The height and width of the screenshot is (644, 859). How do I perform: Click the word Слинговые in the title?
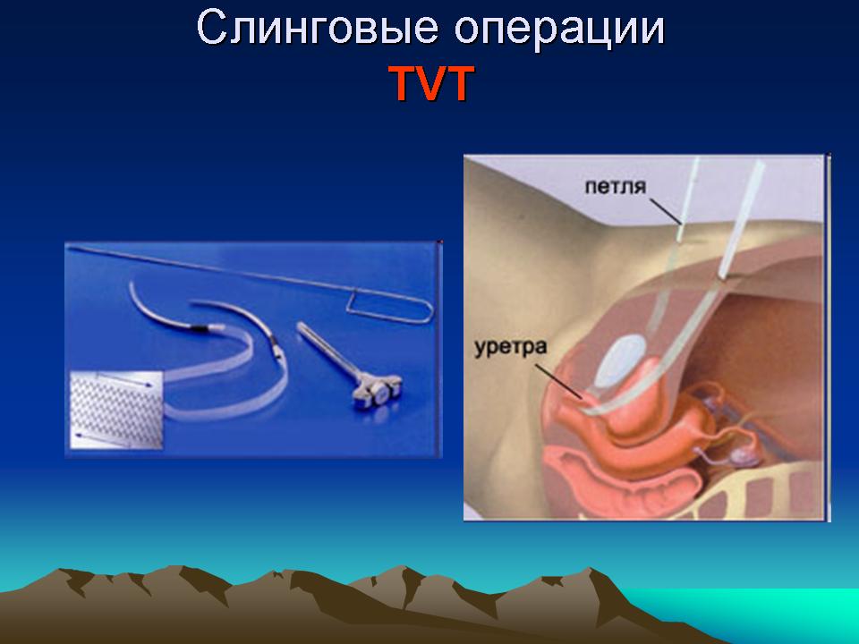(317, 28)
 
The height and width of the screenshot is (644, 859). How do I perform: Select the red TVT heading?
(431, 83)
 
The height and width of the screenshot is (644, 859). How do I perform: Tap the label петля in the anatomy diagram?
(616, 187)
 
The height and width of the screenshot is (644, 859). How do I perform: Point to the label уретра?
(510, 348)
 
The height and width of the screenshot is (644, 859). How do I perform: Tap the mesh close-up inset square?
(116, 411)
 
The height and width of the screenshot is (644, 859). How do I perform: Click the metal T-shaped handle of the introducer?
(377, 392)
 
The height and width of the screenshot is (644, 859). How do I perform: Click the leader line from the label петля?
(666, 211)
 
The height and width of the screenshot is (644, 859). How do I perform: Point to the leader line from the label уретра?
(558, 381)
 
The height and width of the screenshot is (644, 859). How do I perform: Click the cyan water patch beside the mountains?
(767, 612)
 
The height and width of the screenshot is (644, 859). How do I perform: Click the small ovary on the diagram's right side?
(744, 453)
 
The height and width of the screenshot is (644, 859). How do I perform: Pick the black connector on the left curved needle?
(197, 328)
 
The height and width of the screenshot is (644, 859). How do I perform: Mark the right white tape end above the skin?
(743, 218)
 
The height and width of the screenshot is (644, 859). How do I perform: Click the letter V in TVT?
(430, 84)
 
